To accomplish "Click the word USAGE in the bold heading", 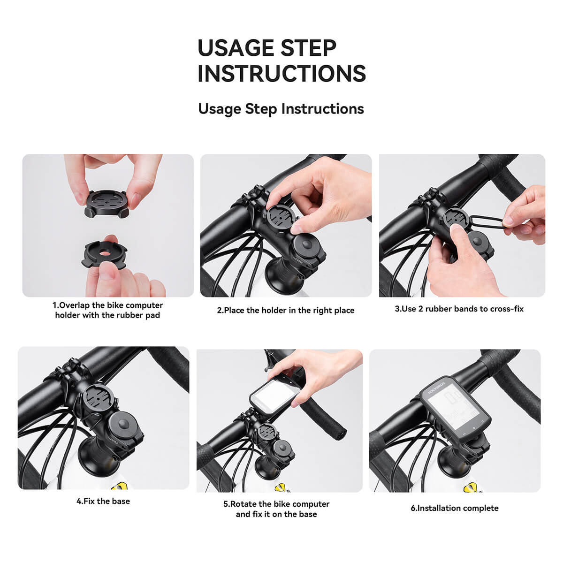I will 235,48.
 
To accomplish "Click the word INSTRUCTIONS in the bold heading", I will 281,74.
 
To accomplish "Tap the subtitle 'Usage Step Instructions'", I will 281,109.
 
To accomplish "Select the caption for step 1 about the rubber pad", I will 107,310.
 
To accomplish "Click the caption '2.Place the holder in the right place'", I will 285,310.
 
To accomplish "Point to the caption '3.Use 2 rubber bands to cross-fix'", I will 459,309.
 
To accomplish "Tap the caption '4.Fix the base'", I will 103,501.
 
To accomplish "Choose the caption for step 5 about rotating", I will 276,509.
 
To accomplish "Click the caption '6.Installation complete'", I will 454,508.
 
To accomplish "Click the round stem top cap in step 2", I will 307,245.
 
